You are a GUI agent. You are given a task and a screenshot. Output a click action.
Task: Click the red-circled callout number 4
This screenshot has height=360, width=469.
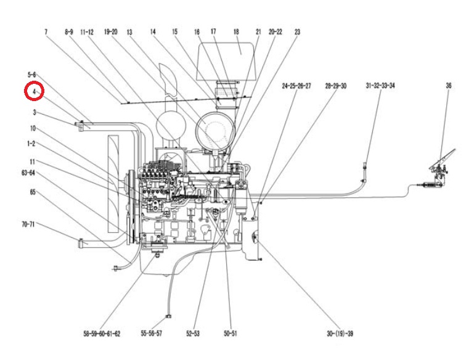(34, 91)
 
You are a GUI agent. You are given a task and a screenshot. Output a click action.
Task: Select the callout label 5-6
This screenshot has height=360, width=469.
(31, 75)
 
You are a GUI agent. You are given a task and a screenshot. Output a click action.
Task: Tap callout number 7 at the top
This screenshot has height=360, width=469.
(46, 31)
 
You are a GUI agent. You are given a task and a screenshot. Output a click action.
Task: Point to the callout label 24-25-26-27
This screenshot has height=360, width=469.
(296, 86)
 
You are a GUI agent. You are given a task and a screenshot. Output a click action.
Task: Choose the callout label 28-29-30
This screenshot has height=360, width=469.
(336, 86)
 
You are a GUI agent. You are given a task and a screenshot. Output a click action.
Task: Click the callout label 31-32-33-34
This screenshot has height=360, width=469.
(380, 86)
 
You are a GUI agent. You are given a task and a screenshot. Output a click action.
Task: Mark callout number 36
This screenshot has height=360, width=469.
(449, 86)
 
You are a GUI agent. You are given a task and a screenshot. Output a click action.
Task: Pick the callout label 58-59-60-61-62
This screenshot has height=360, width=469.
(102, 333)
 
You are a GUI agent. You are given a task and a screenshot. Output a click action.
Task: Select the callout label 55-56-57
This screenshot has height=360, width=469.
(152, 333)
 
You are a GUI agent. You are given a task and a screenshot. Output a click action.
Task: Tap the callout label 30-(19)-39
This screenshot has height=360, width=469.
(340, 333)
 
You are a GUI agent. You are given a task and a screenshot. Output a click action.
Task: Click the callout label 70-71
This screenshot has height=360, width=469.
(28, 224)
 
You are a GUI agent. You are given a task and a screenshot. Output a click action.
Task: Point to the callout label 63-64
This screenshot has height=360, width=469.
(28, 173)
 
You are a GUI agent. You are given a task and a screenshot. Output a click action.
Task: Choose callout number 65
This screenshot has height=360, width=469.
(33, 192)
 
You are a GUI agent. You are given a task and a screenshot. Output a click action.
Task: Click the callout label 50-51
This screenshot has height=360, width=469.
(230, 333)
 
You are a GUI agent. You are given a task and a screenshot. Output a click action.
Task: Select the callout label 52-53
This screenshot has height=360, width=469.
(193, 333)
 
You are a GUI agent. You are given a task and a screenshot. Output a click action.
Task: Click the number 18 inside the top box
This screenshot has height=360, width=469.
(236, 31)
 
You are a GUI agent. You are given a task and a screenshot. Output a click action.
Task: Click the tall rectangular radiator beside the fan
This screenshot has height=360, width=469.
(113, 184)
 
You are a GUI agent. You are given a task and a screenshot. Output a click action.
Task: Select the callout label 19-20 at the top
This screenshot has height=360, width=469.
(111, 31)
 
